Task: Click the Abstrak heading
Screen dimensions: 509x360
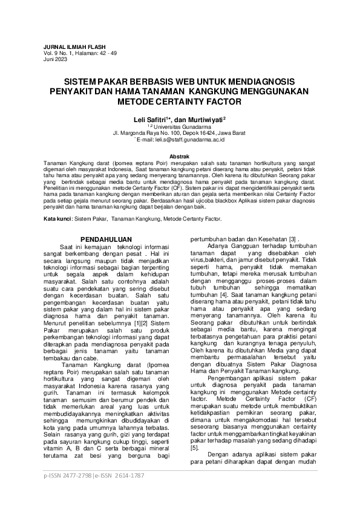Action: (x=180, y=157)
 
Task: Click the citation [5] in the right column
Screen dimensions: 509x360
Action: (x=194, y=448)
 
